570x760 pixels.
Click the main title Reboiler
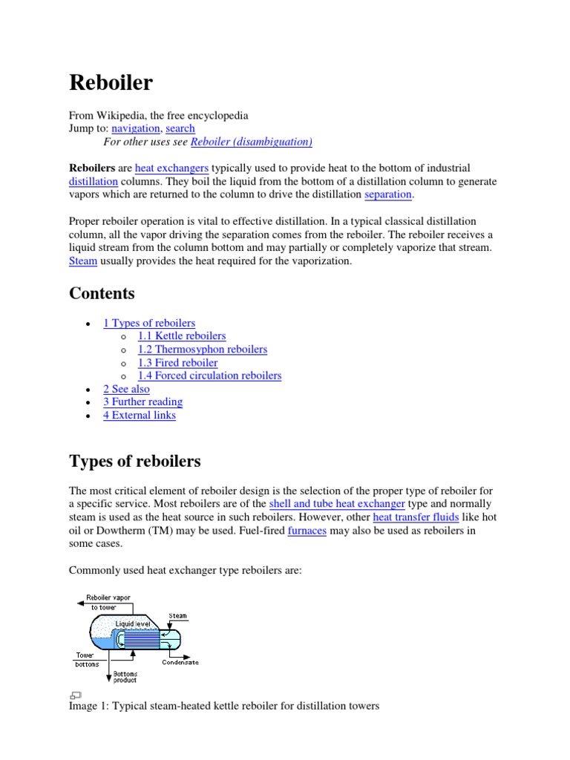click(111, 82)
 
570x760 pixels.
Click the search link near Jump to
click(180, 128)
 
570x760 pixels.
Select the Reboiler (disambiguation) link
click(252, 142)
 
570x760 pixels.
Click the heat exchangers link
click(171, 168)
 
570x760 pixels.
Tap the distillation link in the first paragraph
click(94, 182)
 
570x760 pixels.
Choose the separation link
click(388, 194)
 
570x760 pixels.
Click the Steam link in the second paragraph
click(83, 261)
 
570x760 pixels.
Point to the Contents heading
click(102, 293)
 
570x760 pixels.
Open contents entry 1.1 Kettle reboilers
click(182, 336)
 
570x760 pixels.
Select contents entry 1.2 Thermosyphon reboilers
click(203, 350)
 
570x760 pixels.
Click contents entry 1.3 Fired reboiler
click(178, 363)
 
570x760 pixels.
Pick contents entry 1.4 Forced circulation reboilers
click(210, 376)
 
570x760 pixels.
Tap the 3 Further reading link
click(142, 402)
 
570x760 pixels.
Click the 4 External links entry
click(140, 416)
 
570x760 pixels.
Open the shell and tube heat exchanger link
click(337, 504)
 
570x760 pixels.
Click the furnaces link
click(307, 531)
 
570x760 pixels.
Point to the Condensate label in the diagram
click(180, 662)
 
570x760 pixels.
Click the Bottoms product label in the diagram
click(125, 677)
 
